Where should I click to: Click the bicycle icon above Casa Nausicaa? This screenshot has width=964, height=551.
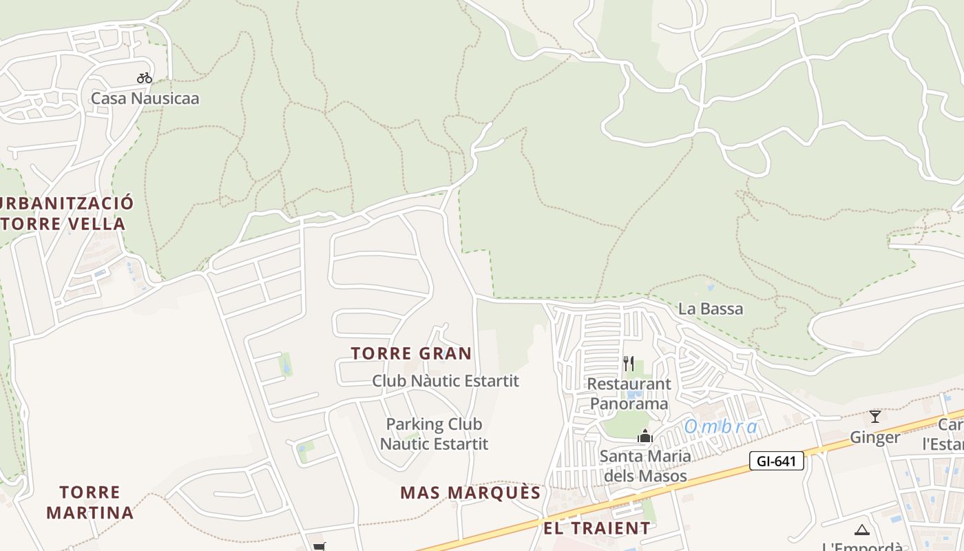144,78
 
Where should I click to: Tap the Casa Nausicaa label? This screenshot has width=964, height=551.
145,98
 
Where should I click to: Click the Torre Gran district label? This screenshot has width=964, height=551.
411,353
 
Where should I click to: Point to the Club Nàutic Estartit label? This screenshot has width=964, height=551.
445,380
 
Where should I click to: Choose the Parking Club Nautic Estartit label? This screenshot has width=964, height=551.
434,434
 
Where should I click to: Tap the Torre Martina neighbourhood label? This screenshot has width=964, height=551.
90,502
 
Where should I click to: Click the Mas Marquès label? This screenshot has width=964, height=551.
470,492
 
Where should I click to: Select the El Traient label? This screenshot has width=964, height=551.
596,528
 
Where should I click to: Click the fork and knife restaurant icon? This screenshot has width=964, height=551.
629,363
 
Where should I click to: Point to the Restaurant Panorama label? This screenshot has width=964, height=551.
629,393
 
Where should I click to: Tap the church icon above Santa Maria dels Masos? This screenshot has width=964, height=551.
645,436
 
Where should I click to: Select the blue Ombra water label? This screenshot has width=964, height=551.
721,427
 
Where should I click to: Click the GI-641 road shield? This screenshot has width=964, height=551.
777,461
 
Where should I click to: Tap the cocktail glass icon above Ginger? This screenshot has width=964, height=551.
874,416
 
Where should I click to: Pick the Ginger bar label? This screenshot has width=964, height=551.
874,437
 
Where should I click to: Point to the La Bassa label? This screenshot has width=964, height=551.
711,309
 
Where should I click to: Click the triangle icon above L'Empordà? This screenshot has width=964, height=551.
861,530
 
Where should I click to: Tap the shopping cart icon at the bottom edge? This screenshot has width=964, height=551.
319,547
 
